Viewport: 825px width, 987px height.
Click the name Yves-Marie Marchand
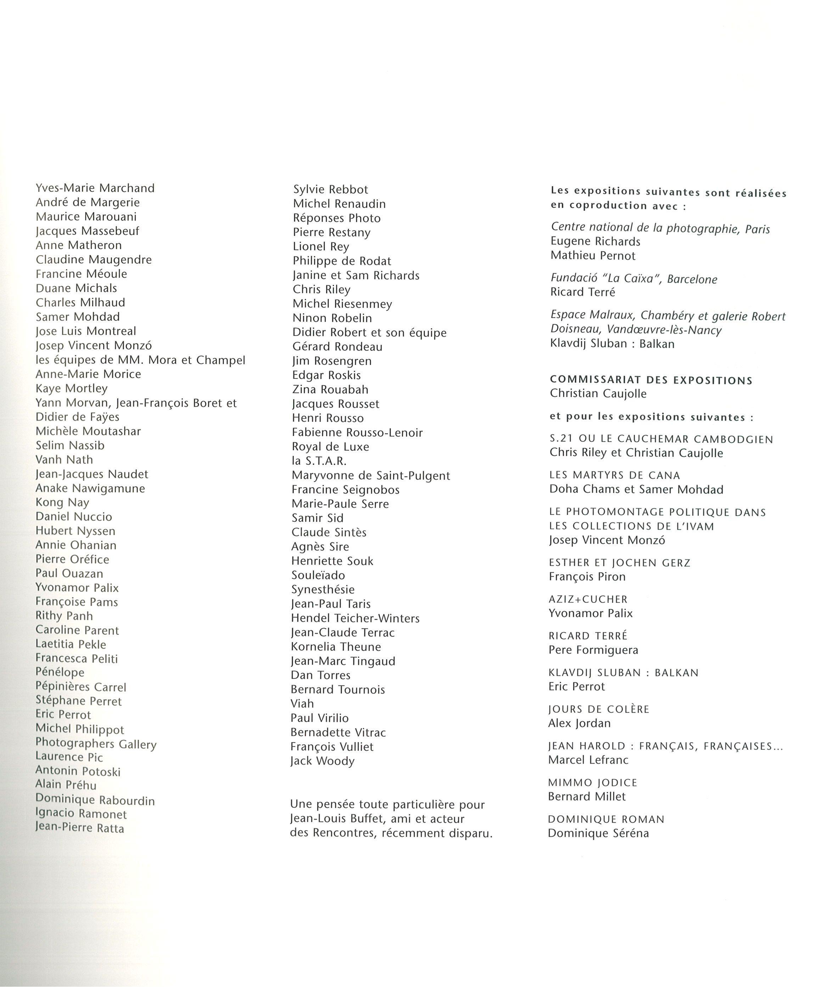click(x=95, y=188)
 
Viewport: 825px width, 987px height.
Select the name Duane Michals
click(x=76, y=288)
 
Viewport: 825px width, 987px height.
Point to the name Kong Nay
click(x=62, y=502)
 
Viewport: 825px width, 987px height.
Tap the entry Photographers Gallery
click(x=96, y=744)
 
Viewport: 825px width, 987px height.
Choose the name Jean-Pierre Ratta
click(x=79, y=828)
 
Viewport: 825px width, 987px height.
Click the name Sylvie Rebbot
click(x=331, y=189)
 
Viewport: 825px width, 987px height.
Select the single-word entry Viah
click(x=302, y=703)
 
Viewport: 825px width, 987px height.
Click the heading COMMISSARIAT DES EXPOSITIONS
click(x=651, y=380)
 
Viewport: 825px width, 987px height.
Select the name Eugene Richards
click(x=595, y=241)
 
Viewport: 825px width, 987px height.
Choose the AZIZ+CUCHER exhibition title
click(x=588, y=599)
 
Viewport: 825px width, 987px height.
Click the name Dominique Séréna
click(x=598, y=833)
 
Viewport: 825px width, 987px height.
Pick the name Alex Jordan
click(x=579, y=723)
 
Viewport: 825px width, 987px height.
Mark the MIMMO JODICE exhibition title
click(x=593, y=782)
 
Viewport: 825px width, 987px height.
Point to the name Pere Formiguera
click(x=593, y=650)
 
